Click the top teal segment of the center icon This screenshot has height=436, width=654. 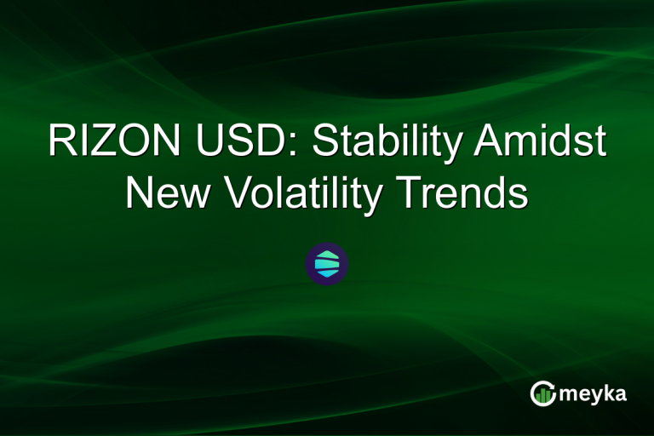327,255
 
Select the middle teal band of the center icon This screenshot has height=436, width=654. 327,264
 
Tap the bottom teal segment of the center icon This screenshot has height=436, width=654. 327,273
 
